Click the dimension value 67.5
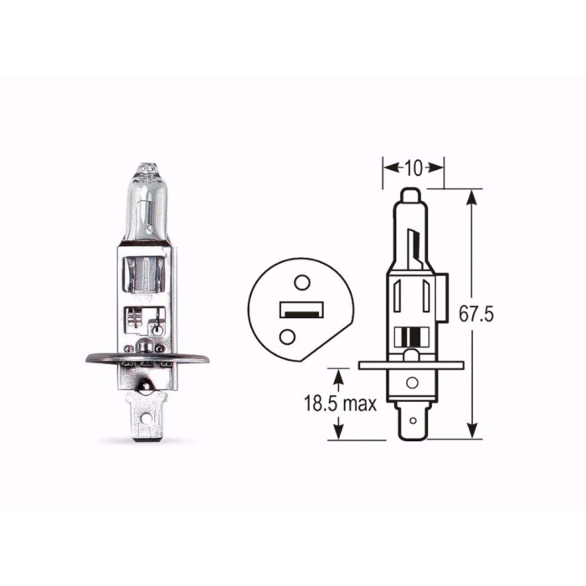478,315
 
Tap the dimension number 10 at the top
413,167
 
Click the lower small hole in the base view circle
289,336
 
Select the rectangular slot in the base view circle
300,311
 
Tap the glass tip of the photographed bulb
146,172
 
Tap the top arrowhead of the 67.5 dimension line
474,198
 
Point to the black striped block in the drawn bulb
409,339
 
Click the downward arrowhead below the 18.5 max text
338,431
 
